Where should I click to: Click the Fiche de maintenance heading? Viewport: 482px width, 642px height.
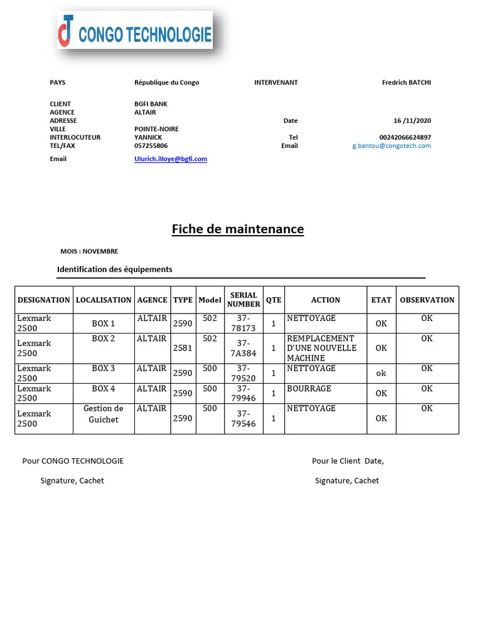pyautogui.click(x=237, y=229)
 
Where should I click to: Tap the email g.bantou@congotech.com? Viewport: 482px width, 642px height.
pyautogui.click(x=392, y=145)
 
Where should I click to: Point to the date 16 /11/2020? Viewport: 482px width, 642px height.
pyautogui.click(x=412, y=120)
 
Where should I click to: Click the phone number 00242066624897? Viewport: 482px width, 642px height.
pyautogui.click(x=405, y=137)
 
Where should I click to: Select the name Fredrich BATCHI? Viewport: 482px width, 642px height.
pyautogui.click(x=406, y=82)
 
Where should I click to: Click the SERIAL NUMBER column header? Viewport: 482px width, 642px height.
pyautogui.click(x=244, y=300)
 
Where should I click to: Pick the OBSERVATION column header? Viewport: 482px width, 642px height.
pyautogui.click(x=427, y=300)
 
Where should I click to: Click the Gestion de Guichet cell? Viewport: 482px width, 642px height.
pyautogui.click(x=104, y=414)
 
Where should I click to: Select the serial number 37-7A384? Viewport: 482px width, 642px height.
pyautogui.click(x=244, y=348)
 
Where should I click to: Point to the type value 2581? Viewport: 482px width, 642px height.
pyautogui.click(x=182, y=348)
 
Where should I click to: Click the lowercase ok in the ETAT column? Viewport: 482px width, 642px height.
pyautogui.click(x=381, y=373)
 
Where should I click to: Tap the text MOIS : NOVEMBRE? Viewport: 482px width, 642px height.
pyautogui.click(x=89, y=251)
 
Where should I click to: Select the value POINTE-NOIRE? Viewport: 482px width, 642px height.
pyautogui.click(x=156, y=129)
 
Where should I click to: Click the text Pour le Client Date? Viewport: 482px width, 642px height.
pyautogui.click(x=348, y=461)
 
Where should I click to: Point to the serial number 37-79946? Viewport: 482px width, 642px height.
pyautogui.click(x=244, y=393)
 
